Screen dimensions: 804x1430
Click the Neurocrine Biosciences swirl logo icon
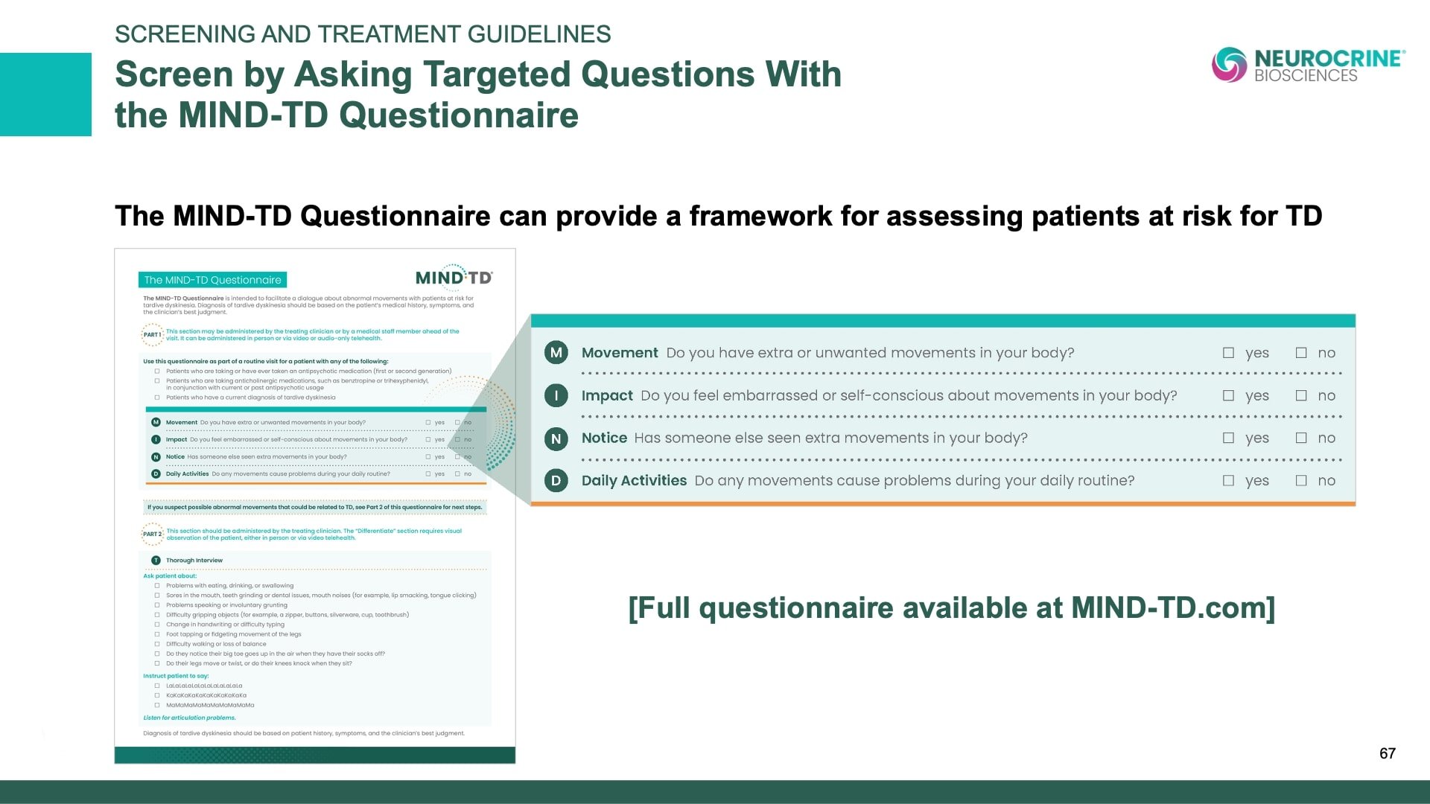[1229, 65]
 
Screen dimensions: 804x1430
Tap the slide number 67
[1387, 753]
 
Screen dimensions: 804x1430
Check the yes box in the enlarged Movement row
[1228, 353]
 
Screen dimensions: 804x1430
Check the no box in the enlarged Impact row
[1301, 396]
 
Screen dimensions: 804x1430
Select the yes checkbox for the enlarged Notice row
[1228, 438]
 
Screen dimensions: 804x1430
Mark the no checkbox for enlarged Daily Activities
[1301, 481]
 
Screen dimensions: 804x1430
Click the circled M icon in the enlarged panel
[556, 353]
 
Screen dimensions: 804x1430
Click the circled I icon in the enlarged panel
[556, 395]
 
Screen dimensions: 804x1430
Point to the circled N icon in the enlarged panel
[556, 438]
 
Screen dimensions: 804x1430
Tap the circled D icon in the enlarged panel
[556, 481]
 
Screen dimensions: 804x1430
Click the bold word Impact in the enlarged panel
[607, 396]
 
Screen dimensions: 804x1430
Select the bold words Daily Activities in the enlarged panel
[634, 481]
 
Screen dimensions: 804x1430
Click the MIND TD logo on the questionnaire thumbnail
[454, 278]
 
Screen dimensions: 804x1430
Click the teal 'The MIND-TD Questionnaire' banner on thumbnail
[212, 280]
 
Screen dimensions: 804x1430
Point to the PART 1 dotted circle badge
[152, 335]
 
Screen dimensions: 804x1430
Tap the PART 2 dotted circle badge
[152, 535]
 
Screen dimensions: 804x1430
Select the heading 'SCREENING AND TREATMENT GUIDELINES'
[363, 34]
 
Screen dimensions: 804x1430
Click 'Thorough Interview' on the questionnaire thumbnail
[194, 561]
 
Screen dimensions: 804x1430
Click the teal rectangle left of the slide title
[45, 95]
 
